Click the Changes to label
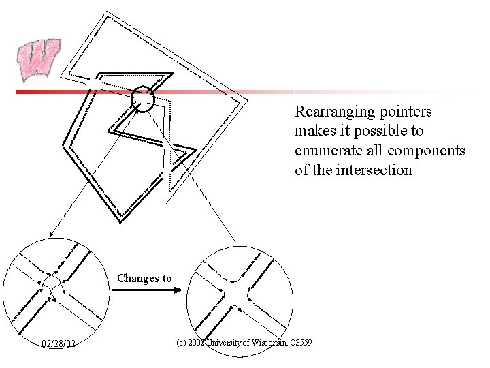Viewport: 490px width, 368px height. coord(144,278)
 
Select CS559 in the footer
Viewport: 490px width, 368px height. coord(300,341)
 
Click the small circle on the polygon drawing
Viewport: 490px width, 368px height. coord(144,99)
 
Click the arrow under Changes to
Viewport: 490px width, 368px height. coord(146,290)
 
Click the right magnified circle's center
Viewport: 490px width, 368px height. coord(240,294)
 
